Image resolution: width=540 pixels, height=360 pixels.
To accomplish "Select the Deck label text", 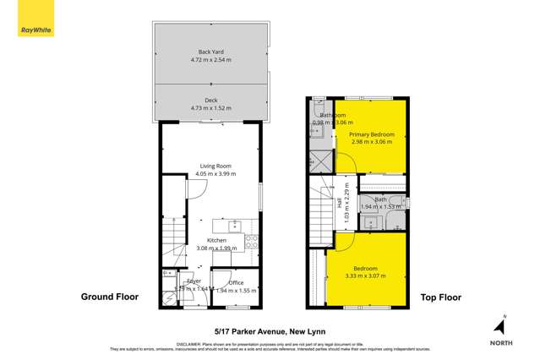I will [x=211, y=101].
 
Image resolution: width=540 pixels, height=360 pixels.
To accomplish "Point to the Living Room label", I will [x=215, y=166].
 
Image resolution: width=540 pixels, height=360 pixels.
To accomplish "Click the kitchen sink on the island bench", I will [x=234, y=225].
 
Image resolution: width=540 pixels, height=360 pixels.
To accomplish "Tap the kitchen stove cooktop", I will [x=252, y=242].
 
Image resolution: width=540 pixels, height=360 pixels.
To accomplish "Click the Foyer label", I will [x=194, y=281].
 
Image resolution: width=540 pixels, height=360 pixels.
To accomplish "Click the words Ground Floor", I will [x=109, y=297].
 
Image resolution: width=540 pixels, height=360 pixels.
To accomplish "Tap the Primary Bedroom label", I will [x=372, y=134].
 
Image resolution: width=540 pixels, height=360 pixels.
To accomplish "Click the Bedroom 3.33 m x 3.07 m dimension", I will [x=365, y=275].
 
